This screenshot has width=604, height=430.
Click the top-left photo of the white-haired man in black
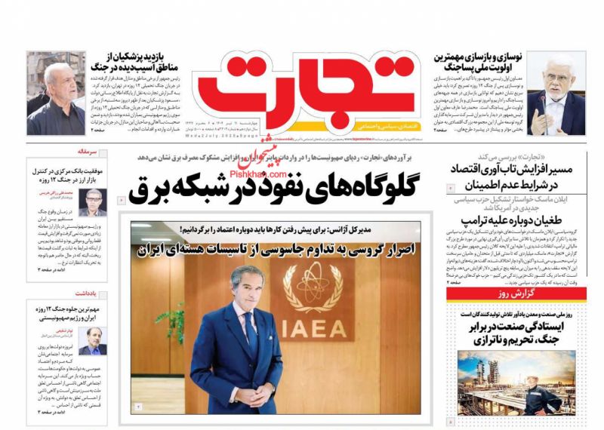55,93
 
